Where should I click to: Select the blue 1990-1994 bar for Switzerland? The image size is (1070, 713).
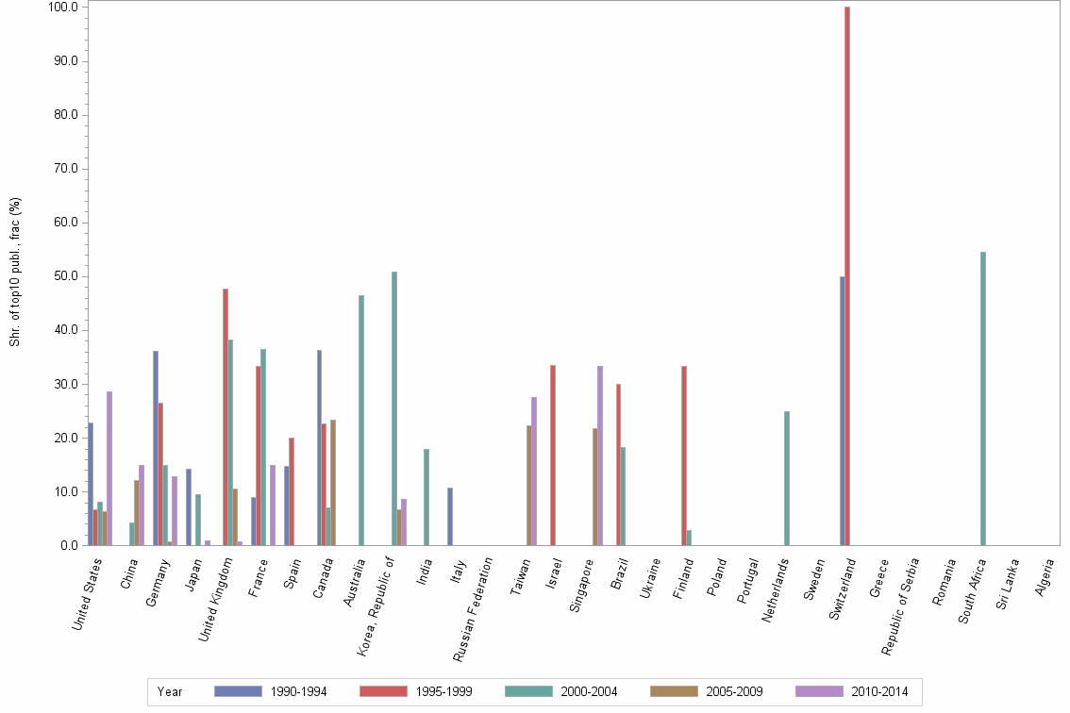842,411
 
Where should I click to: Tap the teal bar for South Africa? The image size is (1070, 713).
983,399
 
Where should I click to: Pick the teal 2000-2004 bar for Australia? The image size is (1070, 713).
360,421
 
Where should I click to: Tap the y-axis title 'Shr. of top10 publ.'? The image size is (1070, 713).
15,273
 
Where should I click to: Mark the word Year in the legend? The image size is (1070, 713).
170,691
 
